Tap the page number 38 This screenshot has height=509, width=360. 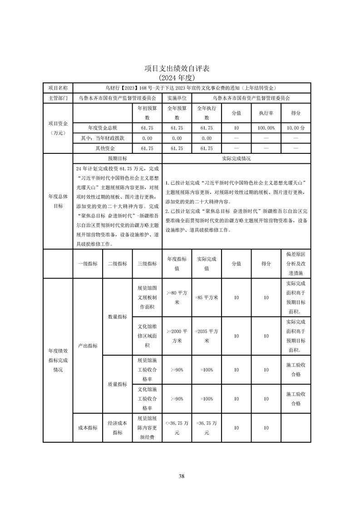pos(181,476)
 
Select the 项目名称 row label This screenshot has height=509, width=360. pos(58,88)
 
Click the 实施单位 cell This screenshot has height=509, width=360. pos(177,98)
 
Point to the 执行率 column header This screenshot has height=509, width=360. pos(266,113)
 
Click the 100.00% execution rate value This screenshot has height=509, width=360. pos(266,128)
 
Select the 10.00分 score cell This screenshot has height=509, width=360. pos(296,128)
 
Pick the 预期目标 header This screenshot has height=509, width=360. pos(117,159)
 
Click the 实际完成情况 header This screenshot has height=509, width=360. pos(236,159)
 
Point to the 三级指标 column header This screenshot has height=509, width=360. pos(147,264)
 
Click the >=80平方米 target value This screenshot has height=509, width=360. pos(177,298)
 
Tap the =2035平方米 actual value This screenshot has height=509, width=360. pos(207,336)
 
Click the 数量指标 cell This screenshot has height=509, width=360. pos(117,317)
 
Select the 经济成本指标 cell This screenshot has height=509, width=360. pos(117,428)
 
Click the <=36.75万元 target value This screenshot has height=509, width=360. pos(177,428)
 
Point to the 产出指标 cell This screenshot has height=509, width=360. pos(88,346)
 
